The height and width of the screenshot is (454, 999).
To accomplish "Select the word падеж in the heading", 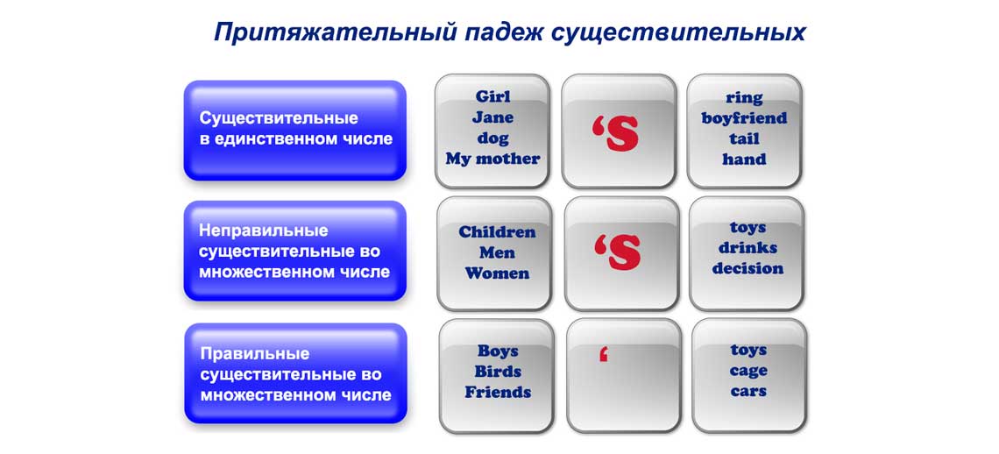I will click(502, 32).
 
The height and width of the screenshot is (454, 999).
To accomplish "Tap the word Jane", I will click(492, 117).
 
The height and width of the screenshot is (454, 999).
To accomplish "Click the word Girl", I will click(492, 96).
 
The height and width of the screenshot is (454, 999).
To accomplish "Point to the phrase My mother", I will click(492, 160).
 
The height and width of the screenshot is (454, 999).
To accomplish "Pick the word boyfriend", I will click(744, 118).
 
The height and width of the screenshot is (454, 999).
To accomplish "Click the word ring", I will click(744, 97).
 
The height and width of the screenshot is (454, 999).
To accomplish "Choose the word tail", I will click(744, 139).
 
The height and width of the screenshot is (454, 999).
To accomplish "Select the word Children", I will click(497, 232).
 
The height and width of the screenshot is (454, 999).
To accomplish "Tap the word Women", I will click(497, 273).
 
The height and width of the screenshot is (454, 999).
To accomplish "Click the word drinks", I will click(747, 248).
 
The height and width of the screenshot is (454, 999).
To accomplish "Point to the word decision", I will click(747, 269).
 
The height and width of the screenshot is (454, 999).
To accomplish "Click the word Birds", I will click(498, 372).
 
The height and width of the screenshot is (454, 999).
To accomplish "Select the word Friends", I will click(498, 393).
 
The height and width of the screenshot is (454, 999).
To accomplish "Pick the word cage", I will click(748, 371).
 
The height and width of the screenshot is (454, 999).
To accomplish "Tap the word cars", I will click(748, 392).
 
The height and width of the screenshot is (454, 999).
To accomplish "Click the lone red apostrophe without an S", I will click(603, 355).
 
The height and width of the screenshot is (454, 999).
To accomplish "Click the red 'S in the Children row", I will click(618, 252).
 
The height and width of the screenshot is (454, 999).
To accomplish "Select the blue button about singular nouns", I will click(294, 130).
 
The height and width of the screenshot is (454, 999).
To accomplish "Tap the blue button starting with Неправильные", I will click(294, 251).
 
